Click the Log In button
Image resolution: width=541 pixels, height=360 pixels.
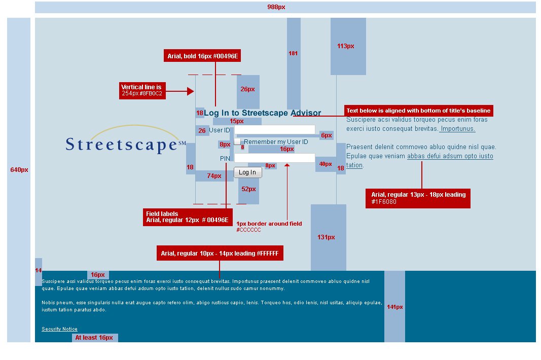click(x=247, y=172)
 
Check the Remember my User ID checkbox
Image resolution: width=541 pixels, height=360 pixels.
click(x=237, y=142)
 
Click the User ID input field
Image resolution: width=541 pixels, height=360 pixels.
click(x=274, y=130)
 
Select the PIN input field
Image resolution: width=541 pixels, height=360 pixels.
click(x=274, y=158)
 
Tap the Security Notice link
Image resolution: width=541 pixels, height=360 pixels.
click(x=59, y=329)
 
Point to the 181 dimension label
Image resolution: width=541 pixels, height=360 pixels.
click(x=293, y=53)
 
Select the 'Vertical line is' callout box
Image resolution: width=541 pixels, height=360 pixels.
click(x=142, y=91)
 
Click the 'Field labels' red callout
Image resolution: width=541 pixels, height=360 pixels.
click(x=188, y=217)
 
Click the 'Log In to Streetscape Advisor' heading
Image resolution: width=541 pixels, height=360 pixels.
click(x=262, y=113)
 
